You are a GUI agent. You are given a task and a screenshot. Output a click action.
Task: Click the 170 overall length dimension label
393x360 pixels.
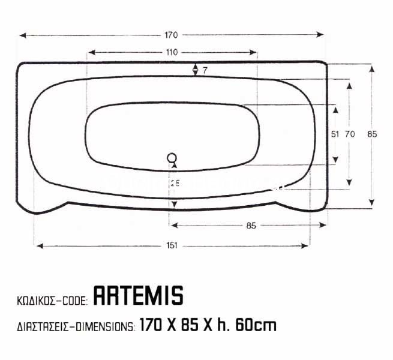point(171,35)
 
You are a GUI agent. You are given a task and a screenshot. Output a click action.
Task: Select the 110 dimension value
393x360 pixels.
point(172,52)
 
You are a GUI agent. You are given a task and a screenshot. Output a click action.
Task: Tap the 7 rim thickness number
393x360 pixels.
point(205,71)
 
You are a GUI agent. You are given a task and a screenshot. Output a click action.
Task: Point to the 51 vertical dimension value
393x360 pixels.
point(335,134)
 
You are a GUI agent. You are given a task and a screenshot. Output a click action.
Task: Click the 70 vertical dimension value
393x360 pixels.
point(350,134)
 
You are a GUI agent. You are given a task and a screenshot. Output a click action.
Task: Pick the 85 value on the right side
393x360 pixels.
point(372,134)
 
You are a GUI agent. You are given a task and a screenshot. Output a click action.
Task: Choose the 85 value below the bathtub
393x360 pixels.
point(251,226)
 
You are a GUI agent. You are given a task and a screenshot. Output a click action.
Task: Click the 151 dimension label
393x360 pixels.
point(172,245)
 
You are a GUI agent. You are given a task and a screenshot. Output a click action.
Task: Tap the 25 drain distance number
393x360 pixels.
point(175,183)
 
